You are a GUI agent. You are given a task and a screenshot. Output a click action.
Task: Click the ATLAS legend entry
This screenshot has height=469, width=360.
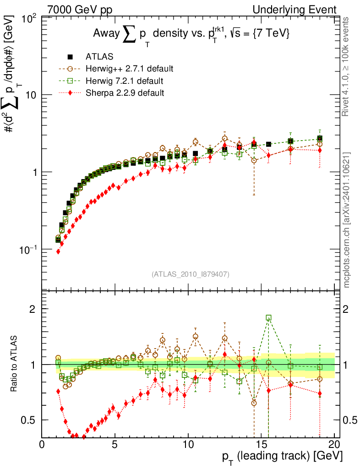click(x=99, y=57)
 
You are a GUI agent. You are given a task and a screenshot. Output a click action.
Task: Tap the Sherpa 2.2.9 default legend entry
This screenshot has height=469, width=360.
click(x=125, y=93)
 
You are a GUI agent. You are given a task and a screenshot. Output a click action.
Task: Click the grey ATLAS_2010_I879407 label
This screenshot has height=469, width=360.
click(x=190, y=274)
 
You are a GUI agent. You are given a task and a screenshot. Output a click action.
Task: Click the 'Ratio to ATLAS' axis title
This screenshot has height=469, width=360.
click(x=15, y=364)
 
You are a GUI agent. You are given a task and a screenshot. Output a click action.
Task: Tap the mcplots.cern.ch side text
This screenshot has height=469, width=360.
click(x=347, y=219)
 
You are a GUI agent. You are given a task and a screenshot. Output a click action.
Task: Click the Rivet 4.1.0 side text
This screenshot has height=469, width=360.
click(x=347, y=66)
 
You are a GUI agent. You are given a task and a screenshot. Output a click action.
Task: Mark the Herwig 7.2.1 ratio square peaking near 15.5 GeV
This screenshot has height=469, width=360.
click(x=268, y=317)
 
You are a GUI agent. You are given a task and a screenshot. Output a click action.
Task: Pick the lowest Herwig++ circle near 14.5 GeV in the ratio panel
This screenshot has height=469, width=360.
click(x=254, y=403)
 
